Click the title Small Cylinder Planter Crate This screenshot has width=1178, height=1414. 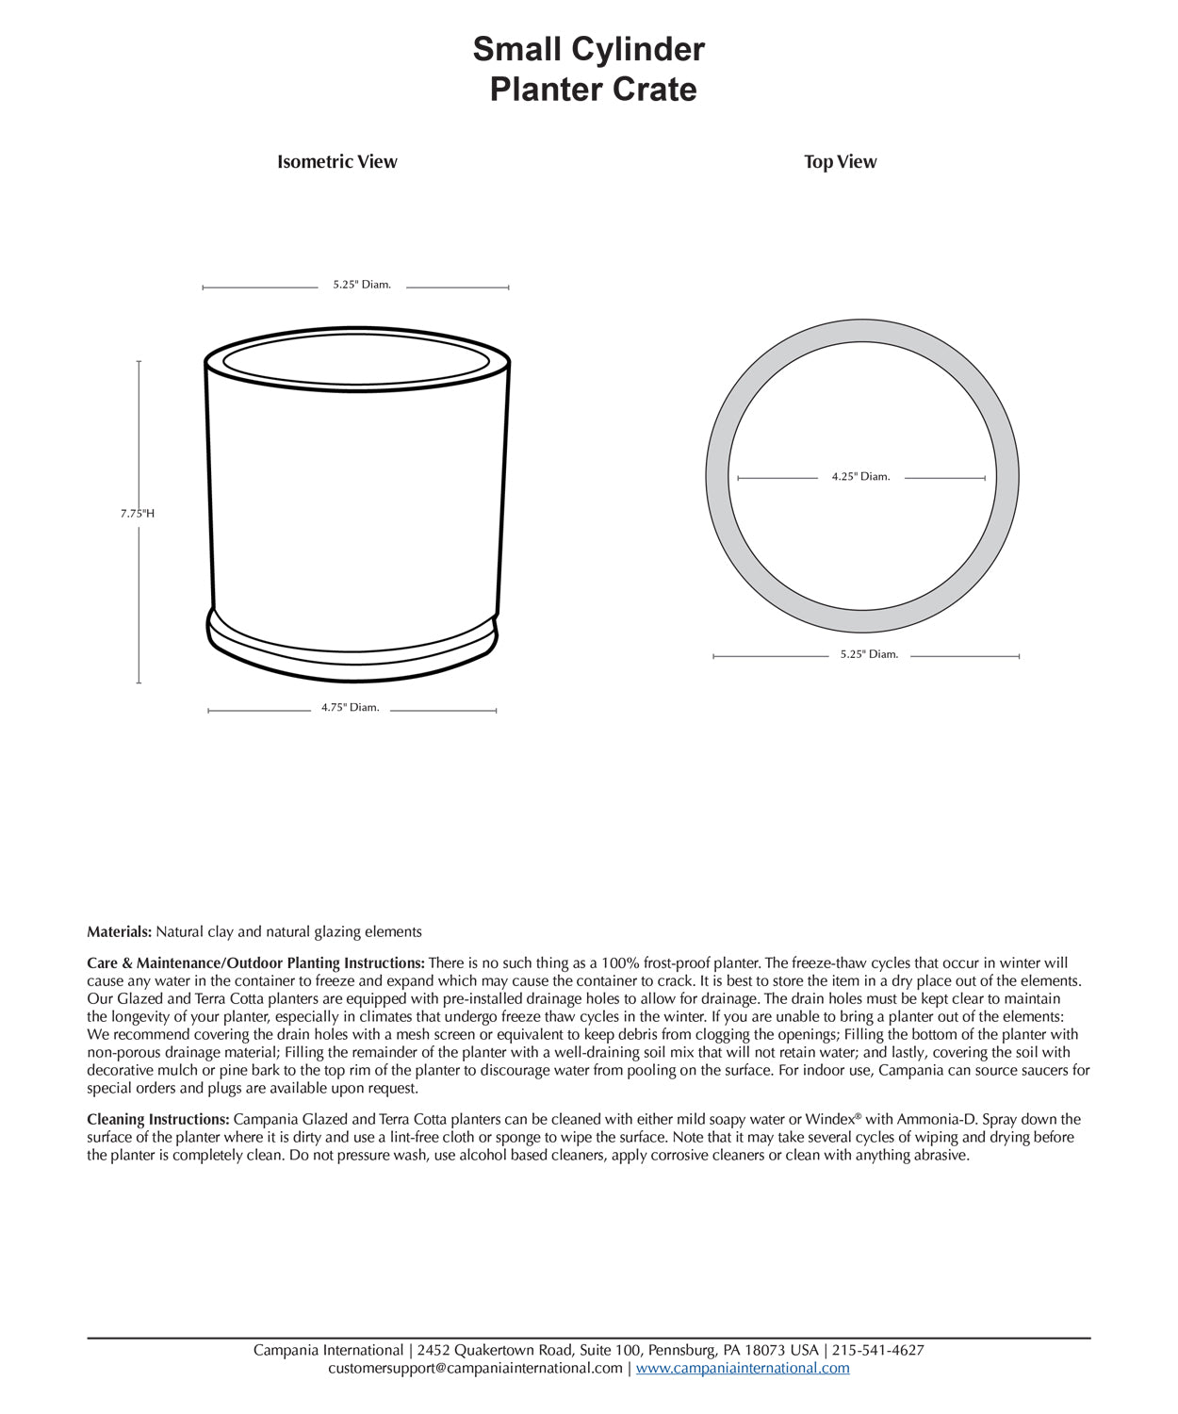[589, 69]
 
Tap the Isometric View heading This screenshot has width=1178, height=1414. [336, 162]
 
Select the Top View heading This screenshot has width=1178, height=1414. [840, 162]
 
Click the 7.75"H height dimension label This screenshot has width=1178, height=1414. [138, 514]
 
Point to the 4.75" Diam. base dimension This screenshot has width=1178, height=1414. [350, 708]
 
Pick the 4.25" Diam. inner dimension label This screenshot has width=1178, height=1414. [860, 477]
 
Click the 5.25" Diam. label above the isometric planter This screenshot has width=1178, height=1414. [361, 285]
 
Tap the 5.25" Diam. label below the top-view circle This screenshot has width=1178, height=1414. [869, 654]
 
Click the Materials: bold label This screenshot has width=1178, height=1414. [120, 932]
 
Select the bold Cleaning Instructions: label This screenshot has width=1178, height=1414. [158, 1120]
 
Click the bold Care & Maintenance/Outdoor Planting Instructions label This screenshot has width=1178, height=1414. [256, 963]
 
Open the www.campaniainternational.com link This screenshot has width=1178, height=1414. [743, 1368]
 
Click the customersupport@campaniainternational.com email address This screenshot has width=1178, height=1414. [475, 1368]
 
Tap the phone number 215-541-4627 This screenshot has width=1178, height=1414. [878, 1350]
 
